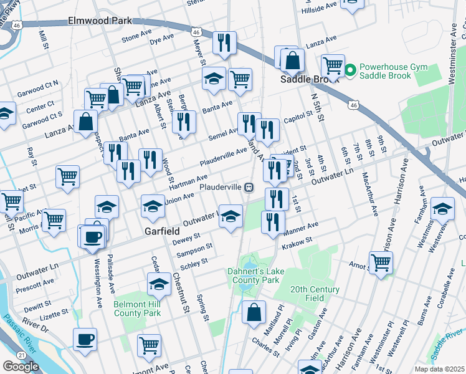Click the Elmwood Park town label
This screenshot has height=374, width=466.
point(100,21)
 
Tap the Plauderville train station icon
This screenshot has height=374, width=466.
point(249,187)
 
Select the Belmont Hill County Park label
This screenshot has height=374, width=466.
point(138,307)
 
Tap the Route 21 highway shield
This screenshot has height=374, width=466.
point(21,354)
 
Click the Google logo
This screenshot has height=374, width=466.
point(21,367)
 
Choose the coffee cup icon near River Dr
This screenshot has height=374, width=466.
point(85,340)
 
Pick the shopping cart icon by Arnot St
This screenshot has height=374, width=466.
point(381,262)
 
